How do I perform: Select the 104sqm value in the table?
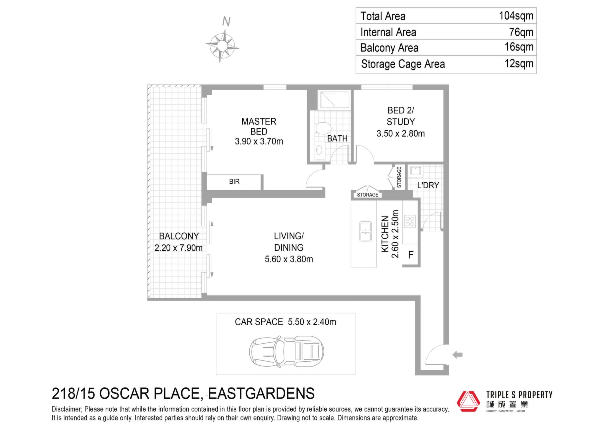[x=516, y=16]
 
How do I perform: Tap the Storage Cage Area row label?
[x=403, y=64]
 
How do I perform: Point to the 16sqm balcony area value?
[x=519, y=47]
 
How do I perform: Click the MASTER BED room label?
[x=259, y=126]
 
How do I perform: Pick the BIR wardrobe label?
[x=234, y=182]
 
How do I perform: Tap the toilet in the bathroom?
[x=323, y=129]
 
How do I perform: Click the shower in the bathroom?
[x=335, y=100]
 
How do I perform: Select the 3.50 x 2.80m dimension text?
[x=401, y=134]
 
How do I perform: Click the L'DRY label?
[x=428, y=185]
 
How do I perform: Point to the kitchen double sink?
[x=365, y=231]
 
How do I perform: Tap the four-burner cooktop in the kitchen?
[x=410, y=221]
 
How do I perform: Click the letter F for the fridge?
[x=411, y=255]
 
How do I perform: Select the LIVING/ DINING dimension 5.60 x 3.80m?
[x=289, y=259]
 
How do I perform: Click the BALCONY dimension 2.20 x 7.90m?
[x=178, y=248]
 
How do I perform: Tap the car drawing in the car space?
[x=287, y=352]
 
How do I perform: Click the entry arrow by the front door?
[x=457, y=354]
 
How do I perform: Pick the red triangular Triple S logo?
[x=468, y=401]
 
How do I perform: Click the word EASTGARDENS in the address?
[x=261, y=394]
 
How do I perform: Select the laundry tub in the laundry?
[x=416, y=171]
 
